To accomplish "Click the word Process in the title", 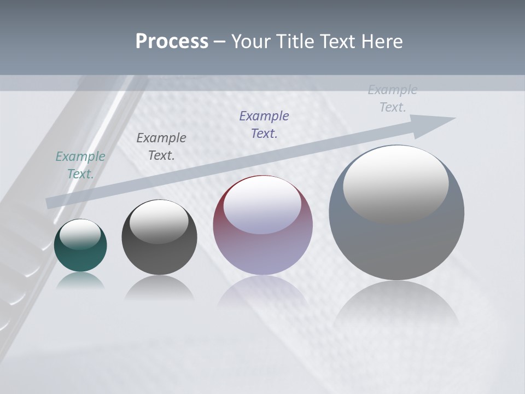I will tap(172, 42).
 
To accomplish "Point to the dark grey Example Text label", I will tap(161, 147).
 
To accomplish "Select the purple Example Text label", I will tap(264, 125).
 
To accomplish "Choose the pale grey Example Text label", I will tap(393, 99).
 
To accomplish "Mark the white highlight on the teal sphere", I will tap(80, 234).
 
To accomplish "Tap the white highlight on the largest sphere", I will tap(395, 183).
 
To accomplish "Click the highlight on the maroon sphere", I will tap(262, 205).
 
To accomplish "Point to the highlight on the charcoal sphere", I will tap(159, 222).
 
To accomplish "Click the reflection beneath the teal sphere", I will tap(80, 281).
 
